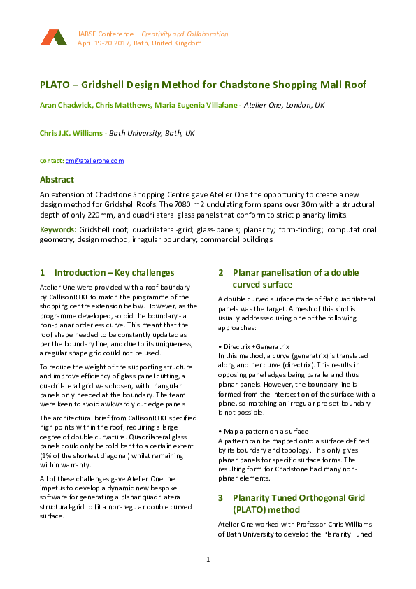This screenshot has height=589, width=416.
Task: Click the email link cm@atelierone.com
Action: click(x=94, y=161)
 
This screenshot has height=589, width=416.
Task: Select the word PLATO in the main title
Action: click(x=56, y=85)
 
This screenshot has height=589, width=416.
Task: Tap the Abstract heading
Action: click(x=57, y=179)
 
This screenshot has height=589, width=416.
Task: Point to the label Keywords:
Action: click(x=58, y=229)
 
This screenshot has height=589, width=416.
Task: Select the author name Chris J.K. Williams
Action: click(x=72, y=132)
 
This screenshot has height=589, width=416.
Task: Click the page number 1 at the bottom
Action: click(x=208, y=560)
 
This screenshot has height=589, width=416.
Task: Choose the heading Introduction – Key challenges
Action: click(x=114, y=272)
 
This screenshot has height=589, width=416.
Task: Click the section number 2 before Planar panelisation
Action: click(x=221, y=272)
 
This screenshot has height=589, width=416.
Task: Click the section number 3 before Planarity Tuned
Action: click(x=221, y=497)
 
